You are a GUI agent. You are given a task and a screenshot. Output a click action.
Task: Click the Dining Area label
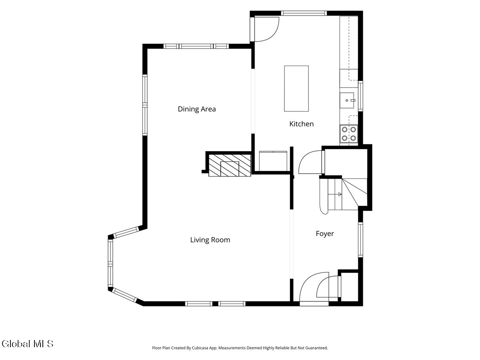point(196,109)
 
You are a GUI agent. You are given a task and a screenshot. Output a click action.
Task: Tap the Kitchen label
point(301,124)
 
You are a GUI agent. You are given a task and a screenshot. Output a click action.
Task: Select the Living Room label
point(210,240)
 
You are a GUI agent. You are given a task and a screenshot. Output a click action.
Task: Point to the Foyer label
point(325,234)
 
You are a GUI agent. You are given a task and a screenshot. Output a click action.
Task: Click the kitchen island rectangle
point(296,88)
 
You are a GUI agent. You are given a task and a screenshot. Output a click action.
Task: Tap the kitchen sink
point(347,100)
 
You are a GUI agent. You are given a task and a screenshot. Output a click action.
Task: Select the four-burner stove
point(349,134)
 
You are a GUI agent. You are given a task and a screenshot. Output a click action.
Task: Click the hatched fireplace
point(230,166)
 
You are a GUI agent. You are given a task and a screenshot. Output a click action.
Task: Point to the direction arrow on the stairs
point(340,194)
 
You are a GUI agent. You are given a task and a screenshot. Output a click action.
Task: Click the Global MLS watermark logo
point(28,344)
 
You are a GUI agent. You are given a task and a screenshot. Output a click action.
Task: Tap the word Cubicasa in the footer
point(200,348)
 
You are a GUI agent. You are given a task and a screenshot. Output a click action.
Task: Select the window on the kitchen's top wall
point(304,13)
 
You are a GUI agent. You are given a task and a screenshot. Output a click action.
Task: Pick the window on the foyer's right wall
point(360,240)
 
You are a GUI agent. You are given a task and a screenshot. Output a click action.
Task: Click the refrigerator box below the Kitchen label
point(273,161)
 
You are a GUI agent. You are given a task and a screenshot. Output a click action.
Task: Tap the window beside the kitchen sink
point(360,96)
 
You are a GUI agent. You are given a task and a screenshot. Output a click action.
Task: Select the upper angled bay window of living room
point(126,232)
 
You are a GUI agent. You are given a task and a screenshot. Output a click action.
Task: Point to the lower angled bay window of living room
point(124,295)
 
